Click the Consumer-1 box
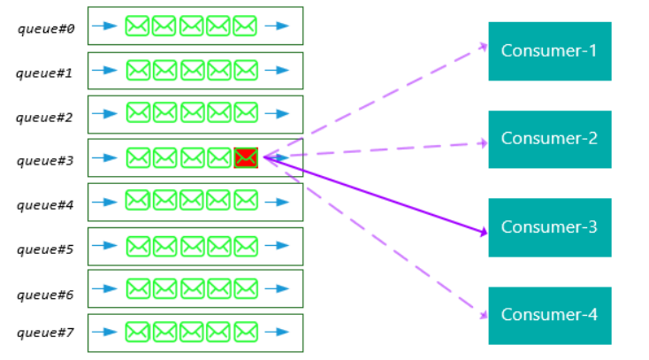pos(549,50)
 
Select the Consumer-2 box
pos(549,139)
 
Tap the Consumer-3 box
pos(549,227)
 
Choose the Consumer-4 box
pos(549,315)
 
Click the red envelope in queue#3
pos(246,157)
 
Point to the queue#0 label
pos(45,29)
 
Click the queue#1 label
pos(45,73)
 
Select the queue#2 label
pos(45,116)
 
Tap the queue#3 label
pos(45,160)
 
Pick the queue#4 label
pos(45,204)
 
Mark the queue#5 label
pos(45,249)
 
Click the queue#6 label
pos(45,293)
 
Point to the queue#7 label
pos(45,333)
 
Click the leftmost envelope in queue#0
pos(137,27)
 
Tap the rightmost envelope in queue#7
pos(246,333)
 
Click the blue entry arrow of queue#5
pos(104,246)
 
